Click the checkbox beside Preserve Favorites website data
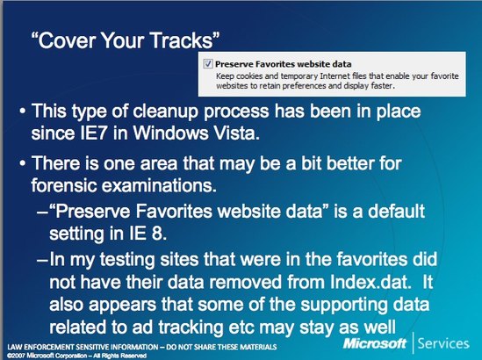click(x=208, y=63)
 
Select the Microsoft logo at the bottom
click(x=375, y=343)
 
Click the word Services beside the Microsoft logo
click(x=443, y=343)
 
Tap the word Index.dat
click(x=370, y=281)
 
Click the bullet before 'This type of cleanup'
click(x=22, y=111)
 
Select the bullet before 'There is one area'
click(x=22, y=163)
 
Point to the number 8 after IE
click(x=158, y=234)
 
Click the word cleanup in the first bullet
click(x=165, y=112)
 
